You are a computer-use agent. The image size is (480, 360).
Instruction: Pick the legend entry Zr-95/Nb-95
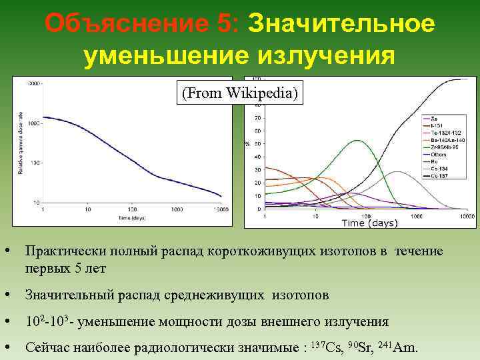443,147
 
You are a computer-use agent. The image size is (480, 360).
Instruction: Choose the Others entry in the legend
438,154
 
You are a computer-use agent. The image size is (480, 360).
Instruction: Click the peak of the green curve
359,141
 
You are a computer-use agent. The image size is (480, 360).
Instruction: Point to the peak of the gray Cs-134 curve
397,172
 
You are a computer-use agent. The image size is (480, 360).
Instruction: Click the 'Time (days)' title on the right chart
369,223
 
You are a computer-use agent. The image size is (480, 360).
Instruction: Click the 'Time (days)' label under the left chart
132,217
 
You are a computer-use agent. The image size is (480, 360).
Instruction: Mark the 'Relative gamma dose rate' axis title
20,143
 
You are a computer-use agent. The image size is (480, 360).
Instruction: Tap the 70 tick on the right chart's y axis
257,118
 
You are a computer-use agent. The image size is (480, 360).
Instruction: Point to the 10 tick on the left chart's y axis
36,202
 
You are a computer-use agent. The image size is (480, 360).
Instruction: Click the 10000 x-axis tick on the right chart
467,217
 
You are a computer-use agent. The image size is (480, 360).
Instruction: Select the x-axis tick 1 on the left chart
43,209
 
